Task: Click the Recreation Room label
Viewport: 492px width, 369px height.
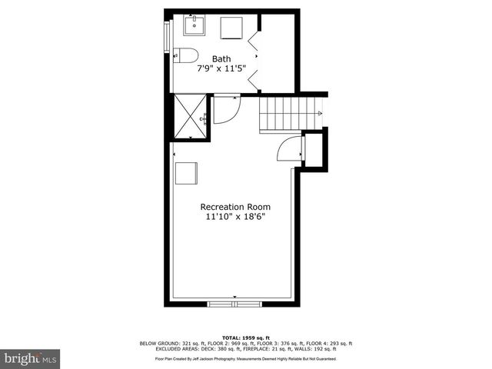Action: coord(235,207)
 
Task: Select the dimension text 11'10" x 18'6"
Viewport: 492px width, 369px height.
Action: coord(235,218)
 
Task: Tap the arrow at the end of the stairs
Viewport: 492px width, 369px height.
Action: coord(319,114)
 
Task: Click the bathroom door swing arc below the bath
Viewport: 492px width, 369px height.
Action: coord(224,110)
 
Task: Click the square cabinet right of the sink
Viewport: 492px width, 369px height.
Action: coord(232,28)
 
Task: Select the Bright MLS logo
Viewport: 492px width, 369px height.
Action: coord(30,358)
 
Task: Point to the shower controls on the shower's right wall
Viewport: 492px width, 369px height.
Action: coord(204,119)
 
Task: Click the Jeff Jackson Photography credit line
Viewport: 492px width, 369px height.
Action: coord(246,359)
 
